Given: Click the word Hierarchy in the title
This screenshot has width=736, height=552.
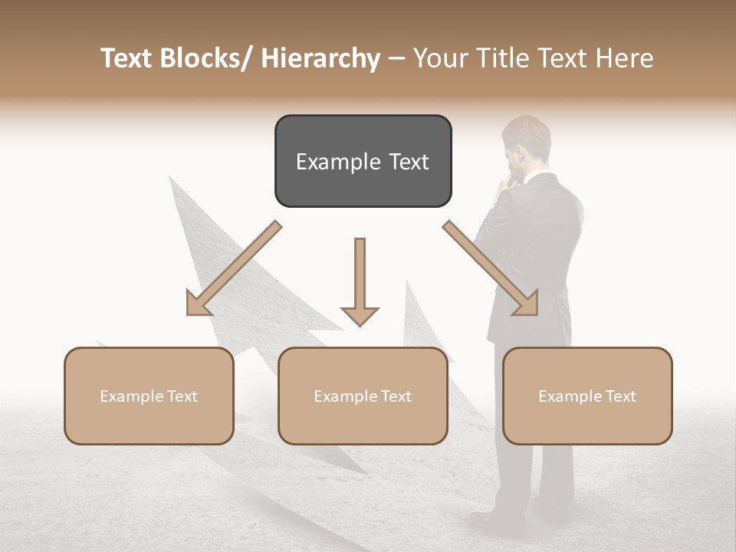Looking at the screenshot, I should click(320, 59).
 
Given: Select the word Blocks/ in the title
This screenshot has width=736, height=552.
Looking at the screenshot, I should click(202, 59).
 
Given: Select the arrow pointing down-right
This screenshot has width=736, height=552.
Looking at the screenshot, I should click(491, 269).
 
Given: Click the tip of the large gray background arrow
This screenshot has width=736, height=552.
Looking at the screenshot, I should click(172, 179).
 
